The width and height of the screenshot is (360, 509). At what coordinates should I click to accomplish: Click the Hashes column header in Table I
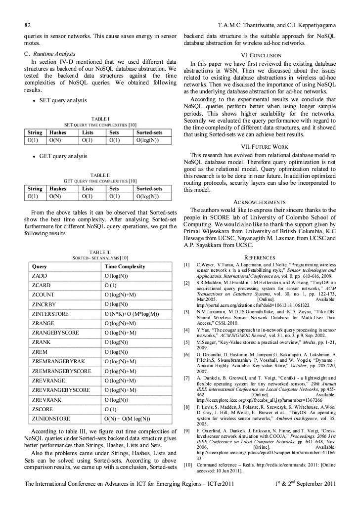click(58, 132)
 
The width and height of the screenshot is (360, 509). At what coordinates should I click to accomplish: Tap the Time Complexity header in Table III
click(125, 267)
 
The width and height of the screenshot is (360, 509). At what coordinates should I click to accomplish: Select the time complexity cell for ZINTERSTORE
click(132, 314)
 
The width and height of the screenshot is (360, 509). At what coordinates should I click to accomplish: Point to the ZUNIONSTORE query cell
click(51, 406)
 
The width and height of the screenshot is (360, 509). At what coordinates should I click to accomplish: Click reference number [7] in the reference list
click(186, 378)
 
